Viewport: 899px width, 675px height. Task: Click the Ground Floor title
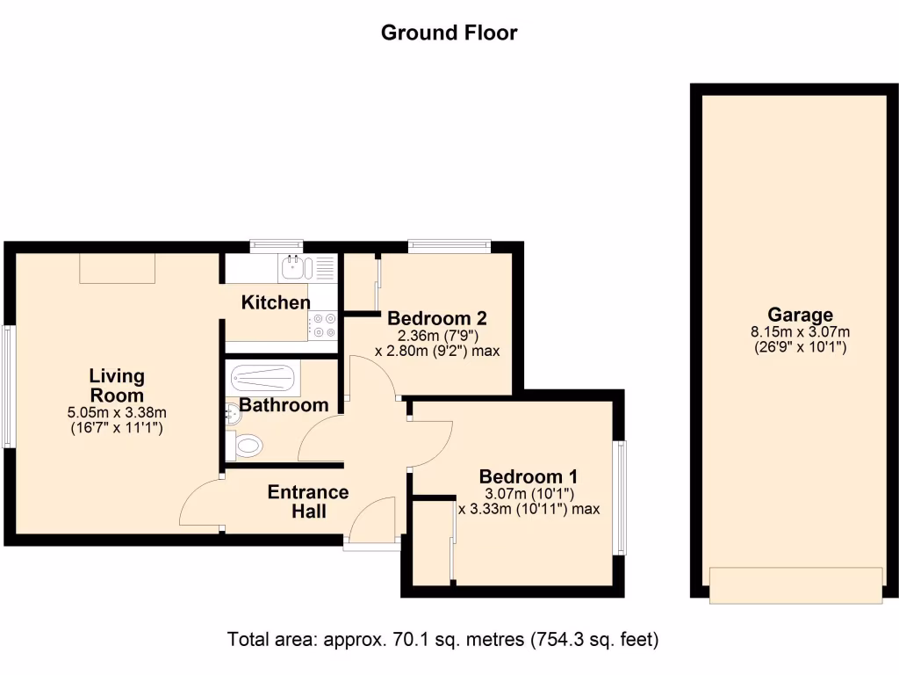click(449, 33)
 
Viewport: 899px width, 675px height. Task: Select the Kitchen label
click(276, 303)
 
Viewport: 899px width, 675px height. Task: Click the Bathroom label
click(284, 405)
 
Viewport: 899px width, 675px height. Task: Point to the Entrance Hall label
click(308, 501)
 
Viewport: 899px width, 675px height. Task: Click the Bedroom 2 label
click(437, 318)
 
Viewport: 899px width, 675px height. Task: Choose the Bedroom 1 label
click(529, 477)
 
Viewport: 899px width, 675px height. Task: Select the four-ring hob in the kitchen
click(322, 326)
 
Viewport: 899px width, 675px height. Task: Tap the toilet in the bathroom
click(246, 446)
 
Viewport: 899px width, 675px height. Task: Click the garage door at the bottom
click(796, 585)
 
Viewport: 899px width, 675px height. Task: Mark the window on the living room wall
click(8, 387)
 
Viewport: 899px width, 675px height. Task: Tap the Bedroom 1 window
click(620, 497)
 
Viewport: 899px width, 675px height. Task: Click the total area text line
click(443, 638)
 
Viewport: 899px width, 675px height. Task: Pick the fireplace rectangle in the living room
click(118, 268)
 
